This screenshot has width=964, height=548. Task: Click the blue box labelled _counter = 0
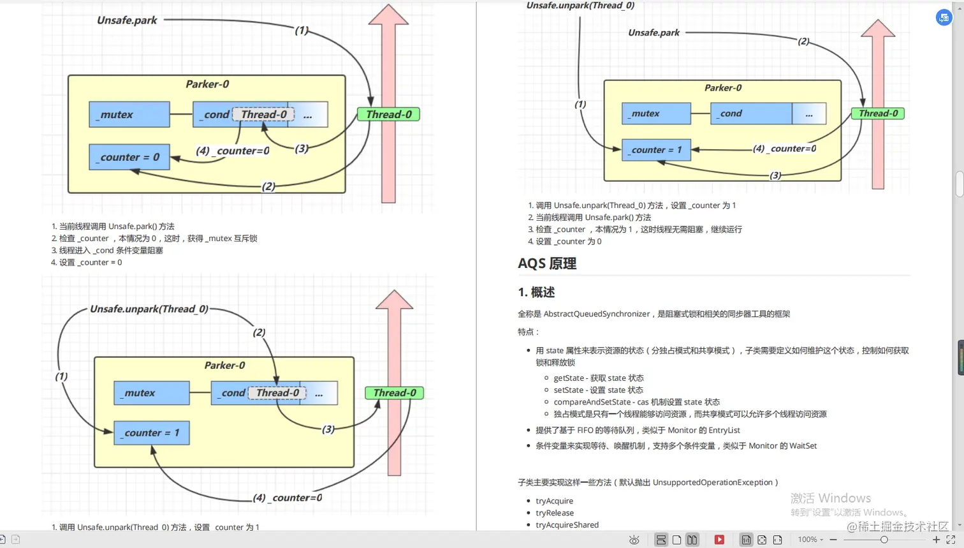click(x=129, y=157)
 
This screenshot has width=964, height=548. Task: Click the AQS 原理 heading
click(x=547, y=263)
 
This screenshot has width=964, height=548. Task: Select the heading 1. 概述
click(x=536, y=292)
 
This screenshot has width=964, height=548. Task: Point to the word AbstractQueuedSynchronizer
click(x=596, y=314)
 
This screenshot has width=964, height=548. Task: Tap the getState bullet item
click(x=598, y=378)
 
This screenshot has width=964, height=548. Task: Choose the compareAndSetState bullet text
click(x=636, y=402)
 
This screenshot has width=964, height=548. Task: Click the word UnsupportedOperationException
click(x=712, y=482)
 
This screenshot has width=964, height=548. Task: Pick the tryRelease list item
click(x=554, y=513)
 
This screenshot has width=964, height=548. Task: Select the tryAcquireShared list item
click(x=567, y=525)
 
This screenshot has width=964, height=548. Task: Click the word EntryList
click(x=724, y=430)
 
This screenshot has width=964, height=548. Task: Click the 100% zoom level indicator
click(x=807, y=540)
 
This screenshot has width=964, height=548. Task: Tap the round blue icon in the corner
click(x=944, y=18)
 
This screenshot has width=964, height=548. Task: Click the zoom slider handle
click(x=884, y=540)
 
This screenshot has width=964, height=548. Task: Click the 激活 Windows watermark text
click(x=830, y=498)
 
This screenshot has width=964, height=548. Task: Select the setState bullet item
click(x=598, y=390)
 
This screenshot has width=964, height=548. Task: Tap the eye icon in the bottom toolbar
click(x=634, y=540)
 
